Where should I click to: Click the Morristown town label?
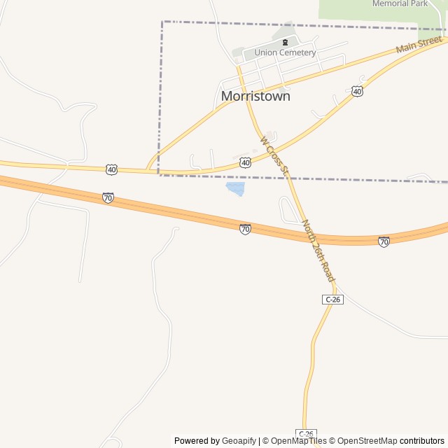click(255, 96)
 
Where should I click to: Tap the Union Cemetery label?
click(285, 52)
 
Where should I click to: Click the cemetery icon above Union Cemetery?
click(285, 43)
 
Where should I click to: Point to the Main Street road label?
click(419, 47)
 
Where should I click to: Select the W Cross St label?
click(274, 155)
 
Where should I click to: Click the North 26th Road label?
click(318, 251)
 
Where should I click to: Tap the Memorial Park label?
click(400, 3)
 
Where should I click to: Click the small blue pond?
click(235, 188)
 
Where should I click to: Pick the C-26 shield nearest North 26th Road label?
click(333, 300)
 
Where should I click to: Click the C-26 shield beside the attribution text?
click(306, 434)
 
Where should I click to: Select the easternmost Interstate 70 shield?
click(384, 241)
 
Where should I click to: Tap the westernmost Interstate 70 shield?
click(108, 198)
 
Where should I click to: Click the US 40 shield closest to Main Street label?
click(357, 92)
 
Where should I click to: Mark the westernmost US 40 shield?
click(112, 169)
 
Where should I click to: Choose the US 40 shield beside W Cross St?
click(245, 162)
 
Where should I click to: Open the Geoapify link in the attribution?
click(239, 441)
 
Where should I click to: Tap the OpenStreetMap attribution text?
click(366, 441)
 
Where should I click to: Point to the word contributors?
click(422, 441)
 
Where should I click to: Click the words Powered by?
click(197, 441)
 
